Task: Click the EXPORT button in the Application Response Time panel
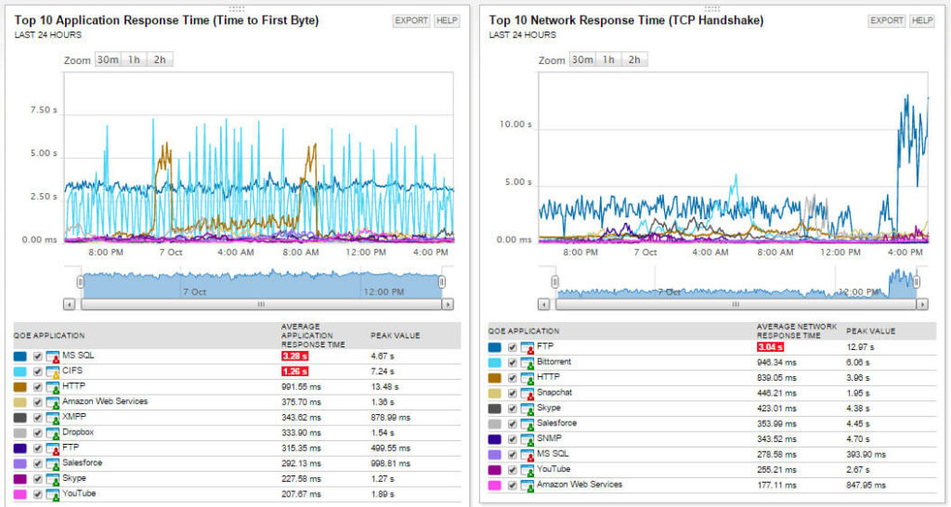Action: (x=411, y=20)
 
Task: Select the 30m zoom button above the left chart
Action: (x=109, y=59)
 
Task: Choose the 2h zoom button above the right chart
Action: (x=634, y=59)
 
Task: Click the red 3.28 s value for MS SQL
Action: (x=294, y=356)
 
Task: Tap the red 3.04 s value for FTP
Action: (x=771, y=347)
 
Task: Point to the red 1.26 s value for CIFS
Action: (x=294, y=371)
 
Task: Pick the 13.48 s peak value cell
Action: (x=384, y=386)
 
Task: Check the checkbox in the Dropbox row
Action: (x=38, y=433)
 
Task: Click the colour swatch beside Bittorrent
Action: (x=495, y=362)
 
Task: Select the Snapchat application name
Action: (x=554, y=393)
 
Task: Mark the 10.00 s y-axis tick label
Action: (x=515, y=124)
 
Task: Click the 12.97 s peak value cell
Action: (x=861, y=347)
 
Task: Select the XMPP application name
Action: (x=74, y=417)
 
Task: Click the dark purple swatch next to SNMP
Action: (x=495, y=438)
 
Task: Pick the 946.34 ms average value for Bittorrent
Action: (x=777, y=362)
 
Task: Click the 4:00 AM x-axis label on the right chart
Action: (x=710, y=252)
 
